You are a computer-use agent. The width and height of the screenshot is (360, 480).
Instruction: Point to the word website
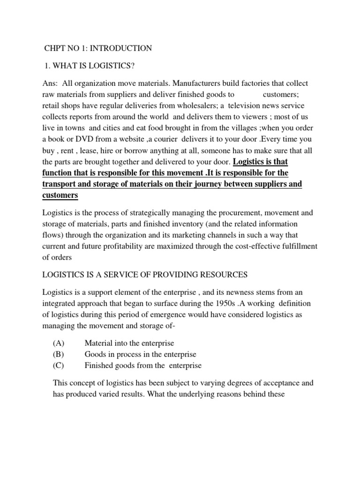click(130, 140)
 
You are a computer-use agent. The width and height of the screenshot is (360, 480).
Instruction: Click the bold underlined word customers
click(60, 195)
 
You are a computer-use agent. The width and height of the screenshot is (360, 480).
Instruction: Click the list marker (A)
click(59, 343)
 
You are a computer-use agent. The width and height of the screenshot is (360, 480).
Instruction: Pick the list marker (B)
click(59, 354)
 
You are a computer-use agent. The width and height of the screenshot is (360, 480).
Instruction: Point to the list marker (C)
click(59, 366)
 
